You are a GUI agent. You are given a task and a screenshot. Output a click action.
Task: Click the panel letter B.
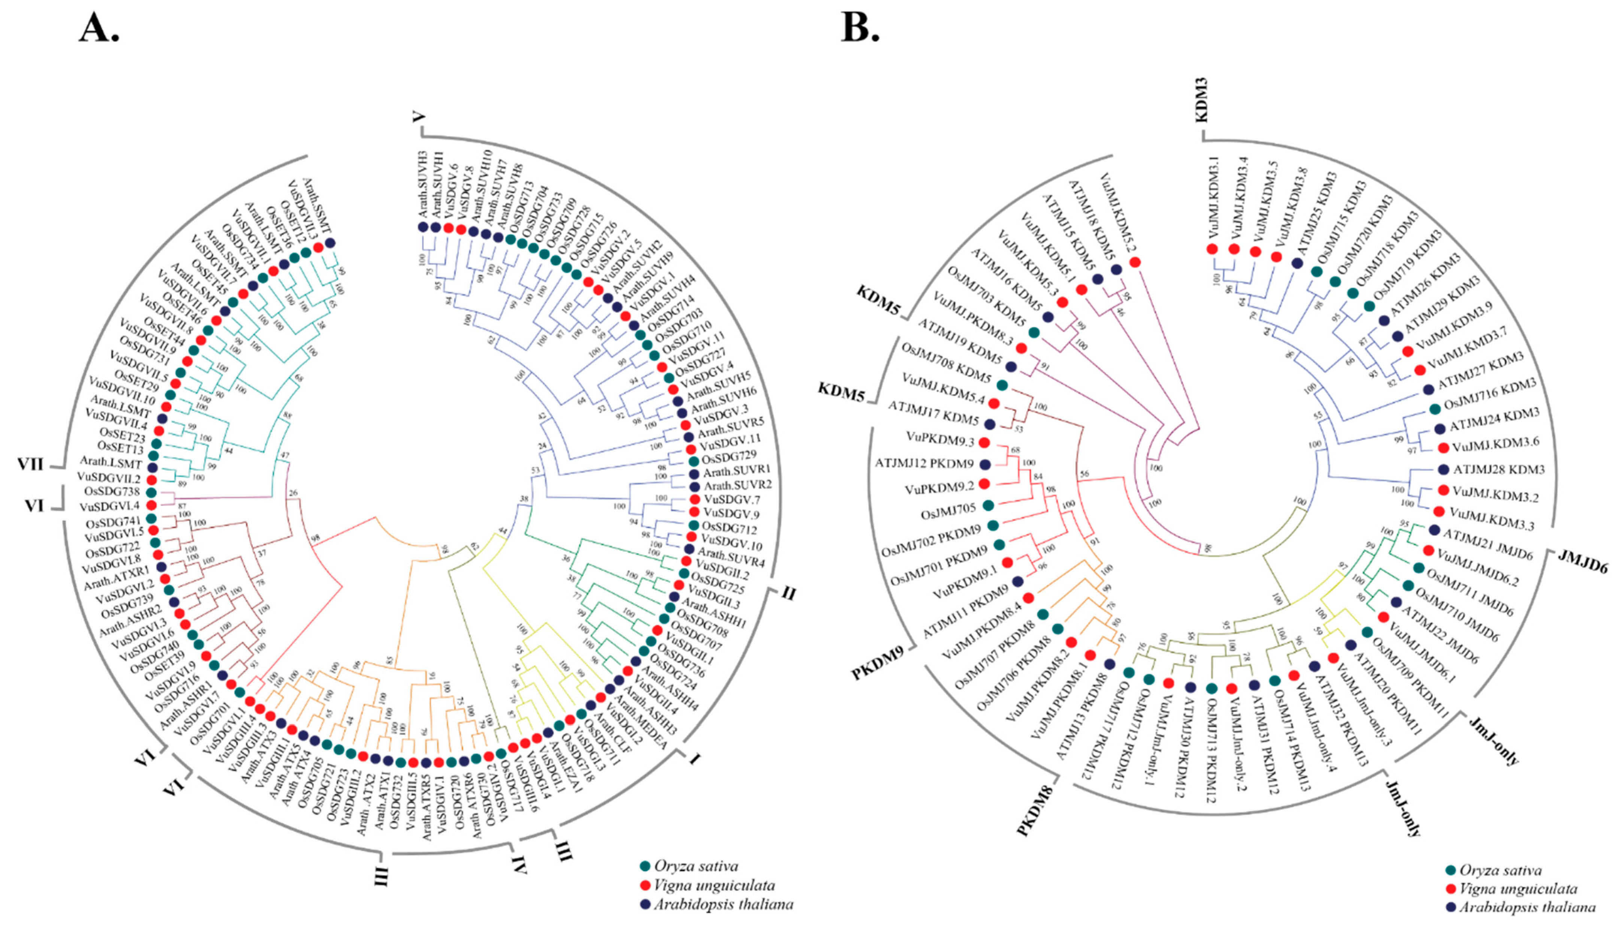(x=859, y=29)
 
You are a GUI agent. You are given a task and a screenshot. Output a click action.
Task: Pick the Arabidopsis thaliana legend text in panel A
(x=724, y=904)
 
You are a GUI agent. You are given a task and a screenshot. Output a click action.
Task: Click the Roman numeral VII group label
(x=30, y=464)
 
